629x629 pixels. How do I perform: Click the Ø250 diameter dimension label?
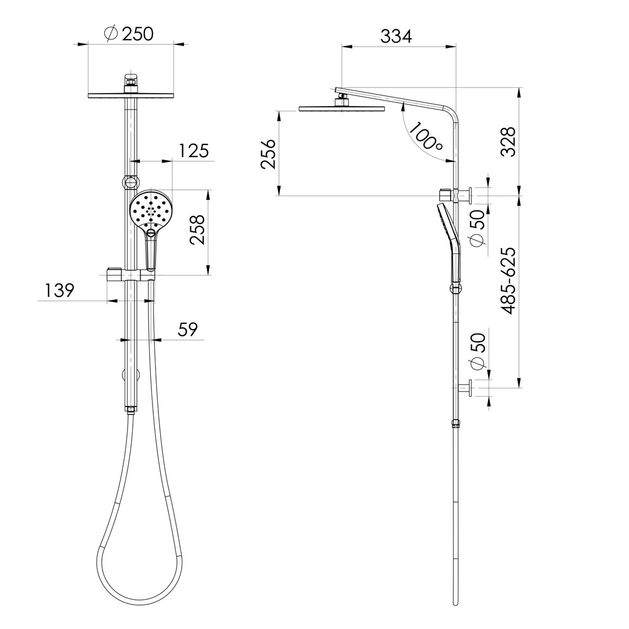(x=128, y=34)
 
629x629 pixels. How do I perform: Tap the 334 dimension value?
(x=396, y=36)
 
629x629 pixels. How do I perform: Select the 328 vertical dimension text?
(x=509, y=142)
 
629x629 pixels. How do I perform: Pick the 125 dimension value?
(x=194, y=151)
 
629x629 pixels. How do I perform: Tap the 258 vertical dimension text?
(x=197, y=230)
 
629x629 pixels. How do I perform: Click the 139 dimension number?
(x=59, y=291)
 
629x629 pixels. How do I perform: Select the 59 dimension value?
(x=188, y=329)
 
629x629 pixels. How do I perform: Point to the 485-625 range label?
(x=508, y=281)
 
